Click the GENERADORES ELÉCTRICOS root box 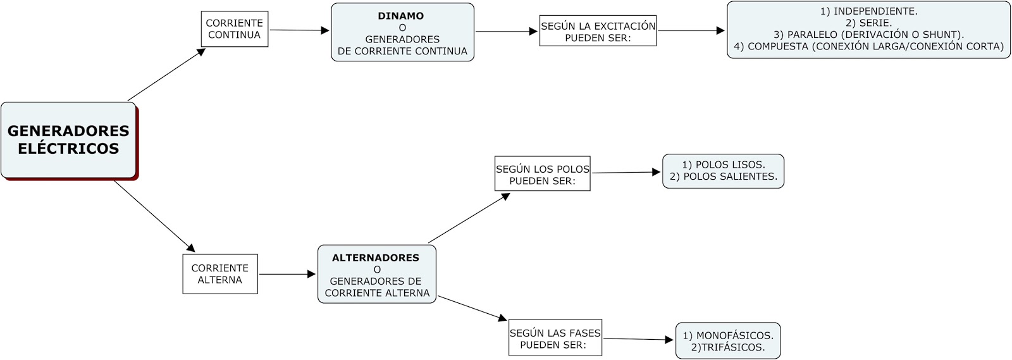coord(68,140)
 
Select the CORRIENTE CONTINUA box coord(234,29)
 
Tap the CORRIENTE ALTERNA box coord(219,274)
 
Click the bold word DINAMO coord(401,16)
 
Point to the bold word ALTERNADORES coord(376,258)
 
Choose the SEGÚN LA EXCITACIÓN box coord(598,31)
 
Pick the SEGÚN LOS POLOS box coord(542,174)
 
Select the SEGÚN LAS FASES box coord(555,338)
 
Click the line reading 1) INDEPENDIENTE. coord(868,11)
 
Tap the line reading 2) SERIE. coord(868,23)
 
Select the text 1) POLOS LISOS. coord(723,164)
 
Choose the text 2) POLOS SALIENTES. coord(723,177)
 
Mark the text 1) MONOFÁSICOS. coord(727,335)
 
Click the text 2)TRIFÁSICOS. coord(727,347)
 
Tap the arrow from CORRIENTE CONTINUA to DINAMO coord(299,30)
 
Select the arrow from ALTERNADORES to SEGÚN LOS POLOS coord(469,218)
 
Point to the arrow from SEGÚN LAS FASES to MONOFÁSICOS coord(638,339)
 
